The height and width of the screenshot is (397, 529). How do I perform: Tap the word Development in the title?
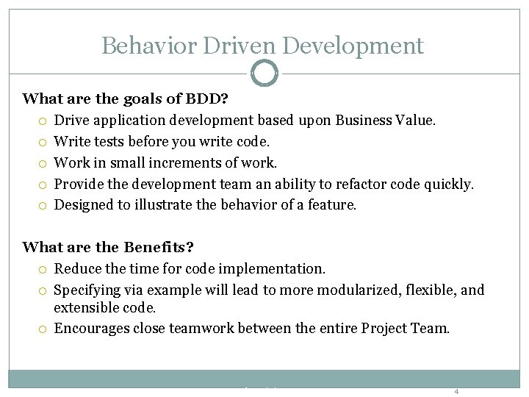pos(353,46)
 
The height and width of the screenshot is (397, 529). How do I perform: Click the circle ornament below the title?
pos(264,73)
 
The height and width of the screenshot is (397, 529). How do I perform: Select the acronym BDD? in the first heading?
pos(212,98)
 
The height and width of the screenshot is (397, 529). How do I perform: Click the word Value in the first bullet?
pos(417,120)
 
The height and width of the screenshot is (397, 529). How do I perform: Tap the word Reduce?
pos(77,269)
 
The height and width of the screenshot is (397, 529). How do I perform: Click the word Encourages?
pos(92,328)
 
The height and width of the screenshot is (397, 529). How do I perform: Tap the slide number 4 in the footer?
pos(456,391)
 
